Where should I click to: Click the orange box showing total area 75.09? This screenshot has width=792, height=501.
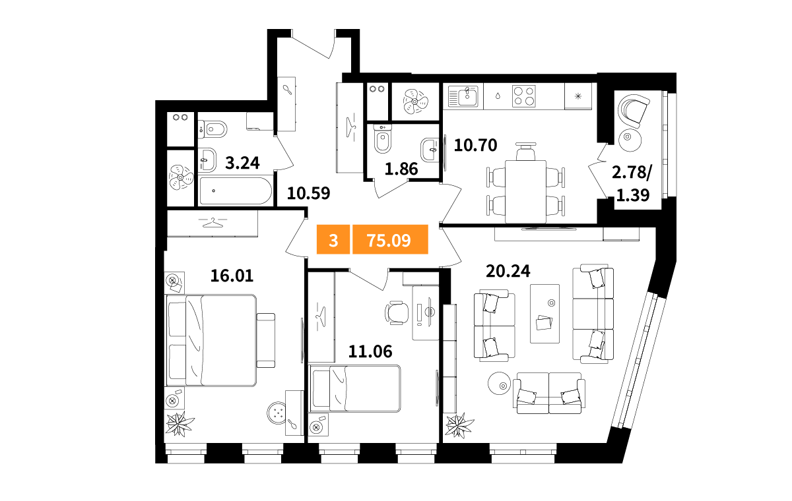pyautogui.click(x=390, y=239)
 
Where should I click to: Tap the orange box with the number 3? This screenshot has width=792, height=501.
pyautogui.click(x=333, y=239)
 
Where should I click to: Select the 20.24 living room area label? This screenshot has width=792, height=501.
pyautogui.click(x=508, y=271)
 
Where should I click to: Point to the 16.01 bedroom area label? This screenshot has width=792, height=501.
pyautogui.click(x=232, y=276)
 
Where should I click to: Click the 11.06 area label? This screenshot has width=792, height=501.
pyautogui.click(x=370, y=351)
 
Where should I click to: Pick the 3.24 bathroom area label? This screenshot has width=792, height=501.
pyautogui.click(x=243, y=163)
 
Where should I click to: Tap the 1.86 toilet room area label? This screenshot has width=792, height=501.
pyautogui.click(x=401, y=169)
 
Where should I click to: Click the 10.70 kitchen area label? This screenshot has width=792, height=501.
pyautogui.click(x=476, y=145)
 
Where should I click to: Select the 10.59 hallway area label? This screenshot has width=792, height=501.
pyautogui.click(x=309, y=193)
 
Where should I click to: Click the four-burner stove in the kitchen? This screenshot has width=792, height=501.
pyautogui.click(x=523, y=96)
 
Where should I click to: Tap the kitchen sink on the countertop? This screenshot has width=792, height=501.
pyautogui.click(x=463, y=96)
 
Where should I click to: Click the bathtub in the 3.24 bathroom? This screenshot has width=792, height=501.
pyautogui.click(x=236, y=191)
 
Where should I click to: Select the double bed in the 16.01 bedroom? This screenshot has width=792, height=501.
pyautogui.click(x=211, y=340)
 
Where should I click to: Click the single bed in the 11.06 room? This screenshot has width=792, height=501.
pyautogui.click(x=355, y=388)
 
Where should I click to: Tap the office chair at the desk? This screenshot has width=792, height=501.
pyautogui.click(x=397, y=312)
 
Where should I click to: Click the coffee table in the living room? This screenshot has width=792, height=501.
pyautogui.click(x=544, y=314)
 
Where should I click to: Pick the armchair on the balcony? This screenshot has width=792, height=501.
pyautogui.click(x=634, y=111)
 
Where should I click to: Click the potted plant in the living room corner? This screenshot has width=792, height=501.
pyautogui.click(x=459, y=425)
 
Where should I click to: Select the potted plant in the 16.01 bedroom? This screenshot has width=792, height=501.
pyautogui.click(x=180, y=424)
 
